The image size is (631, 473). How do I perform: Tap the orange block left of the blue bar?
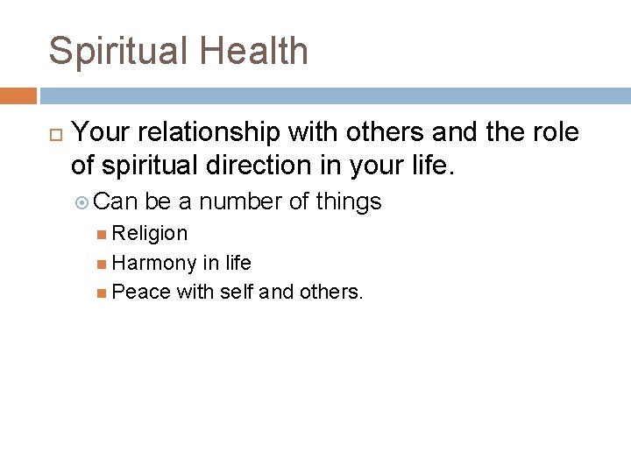pyautogui.click(x=18, y=95)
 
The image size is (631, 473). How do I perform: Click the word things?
pyautogui.click(x=348, y=201)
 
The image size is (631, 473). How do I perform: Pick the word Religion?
pyautogui.click(x=150, y=233)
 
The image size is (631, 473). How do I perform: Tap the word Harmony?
pyautogui.click(x=154, y=262)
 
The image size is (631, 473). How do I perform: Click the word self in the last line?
pyautogui.click(x=236, y=291)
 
